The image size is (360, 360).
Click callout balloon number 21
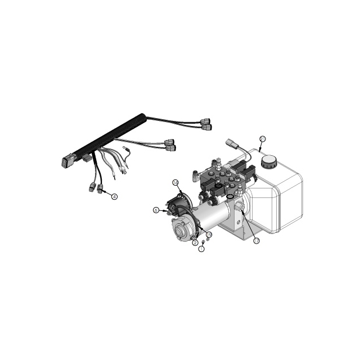pos(262,138)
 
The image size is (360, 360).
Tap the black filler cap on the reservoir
pos(269,162)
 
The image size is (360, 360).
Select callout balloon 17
pos(256,241)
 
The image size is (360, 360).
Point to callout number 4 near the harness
pos(114,197)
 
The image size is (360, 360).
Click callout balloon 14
pos(175,182)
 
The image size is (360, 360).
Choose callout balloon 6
pos(156,210)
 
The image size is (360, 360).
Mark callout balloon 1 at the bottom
pos(201,249)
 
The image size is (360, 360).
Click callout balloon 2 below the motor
pos(195,243)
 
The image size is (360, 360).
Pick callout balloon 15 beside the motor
pos(209,234)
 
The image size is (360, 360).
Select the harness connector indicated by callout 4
pos(101,189)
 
